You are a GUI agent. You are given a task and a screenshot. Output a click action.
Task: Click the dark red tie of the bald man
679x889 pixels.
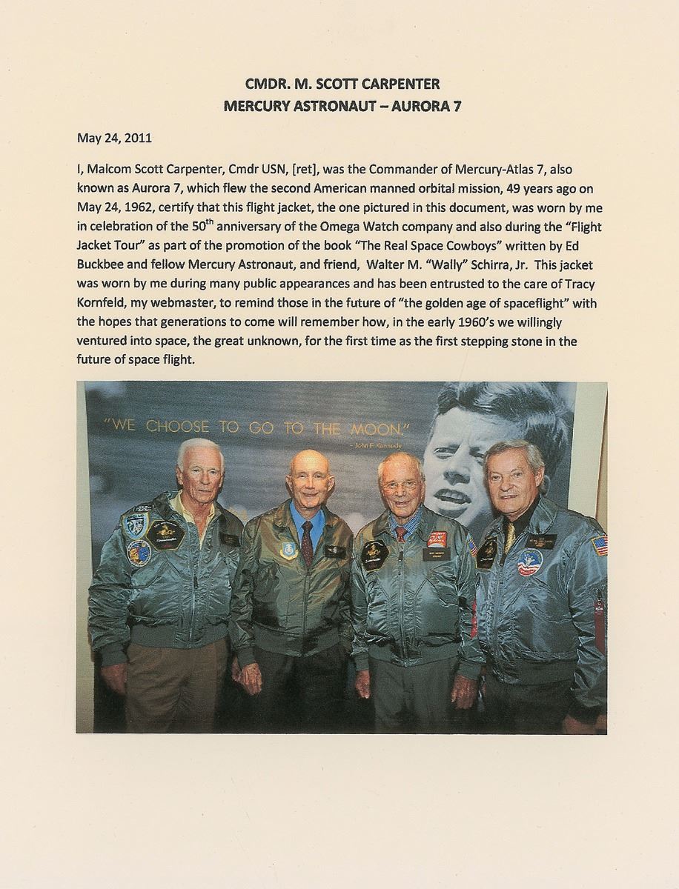point(307,542)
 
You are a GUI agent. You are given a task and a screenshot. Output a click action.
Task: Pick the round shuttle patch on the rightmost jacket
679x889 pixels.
point(530,563)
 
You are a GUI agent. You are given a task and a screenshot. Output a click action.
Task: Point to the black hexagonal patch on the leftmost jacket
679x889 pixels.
point(165,533)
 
